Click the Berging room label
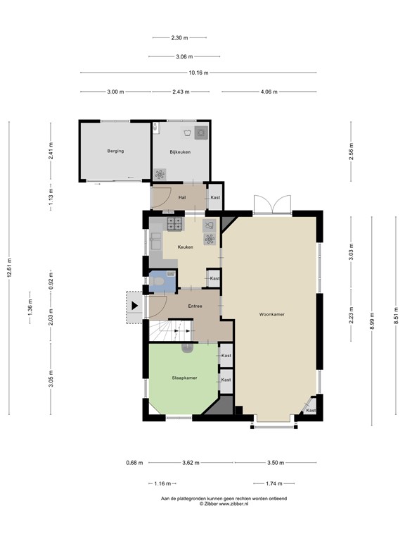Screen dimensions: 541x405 click(116, 151)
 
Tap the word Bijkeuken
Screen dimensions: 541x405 click(180, 151)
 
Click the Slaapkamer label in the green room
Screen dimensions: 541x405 click(184, 378)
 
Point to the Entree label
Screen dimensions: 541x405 click(196, 306)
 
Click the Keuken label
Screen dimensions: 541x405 click(186, 247)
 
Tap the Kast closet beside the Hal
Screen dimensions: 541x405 click(215, 197)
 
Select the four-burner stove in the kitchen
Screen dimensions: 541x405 click(173, 224)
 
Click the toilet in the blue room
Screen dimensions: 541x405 click(160, 282)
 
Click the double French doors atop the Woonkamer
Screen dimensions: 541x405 click(271, 204)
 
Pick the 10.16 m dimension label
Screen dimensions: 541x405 click(197, 72)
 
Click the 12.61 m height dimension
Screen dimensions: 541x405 click(9, 267)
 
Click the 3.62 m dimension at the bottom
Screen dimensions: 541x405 click(190, 463)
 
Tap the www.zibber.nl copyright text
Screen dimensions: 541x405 click(224, 504)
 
